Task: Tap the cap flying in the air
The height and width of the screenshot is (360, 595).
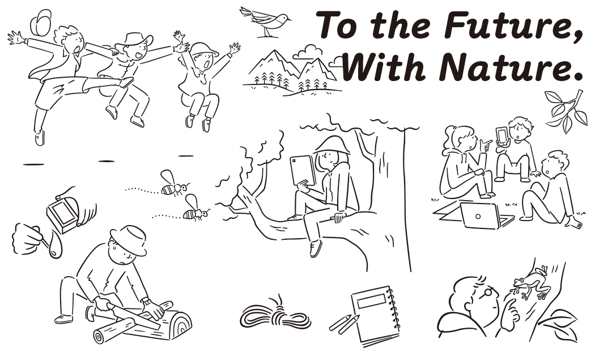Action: click(41, 22)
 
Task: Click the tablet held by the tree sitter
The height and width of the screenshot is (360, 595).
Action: click(303, 170)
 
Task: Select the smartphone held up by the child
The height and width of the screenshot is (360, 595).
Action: click(501, 135)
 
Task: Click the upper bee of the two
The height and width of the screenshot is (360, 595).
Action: click(173, 184)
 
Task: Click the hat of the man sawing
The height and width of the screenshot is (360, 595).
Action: click(129, 240)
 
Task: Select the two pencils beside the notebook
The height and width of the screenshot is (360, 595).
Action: click(344, 324)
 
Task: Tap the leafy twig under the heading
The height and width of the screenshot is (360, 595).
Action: click(566, 111)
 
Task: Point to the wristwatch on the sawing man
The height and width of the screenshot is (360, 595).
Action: click(146, 302)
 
